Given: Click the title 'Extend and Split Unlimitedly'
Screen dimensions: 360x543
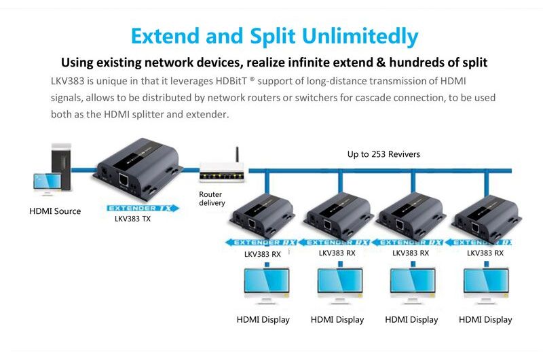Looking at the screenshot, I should pos(274,35).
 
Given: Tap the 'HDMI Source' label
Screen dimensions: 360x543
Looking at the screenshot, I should pos(55,211).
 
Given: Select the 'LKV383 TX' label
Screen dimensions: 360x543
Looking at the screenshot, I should pos(132,219).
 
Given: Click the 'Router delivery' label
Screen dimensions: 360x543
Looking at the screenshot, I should pos(211,199).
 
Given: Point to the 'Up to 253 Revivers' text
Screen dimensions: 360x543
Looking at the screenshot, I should pos(383,154).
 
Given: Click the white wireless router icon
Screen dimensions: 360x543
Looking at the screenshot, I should pos(221,175).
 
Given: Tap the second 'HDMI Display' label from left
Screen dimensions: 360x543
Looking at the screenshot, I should pos(337,319).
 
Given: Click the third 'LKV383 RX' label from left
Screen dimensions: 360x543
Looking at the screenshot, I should pos(411,253).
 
